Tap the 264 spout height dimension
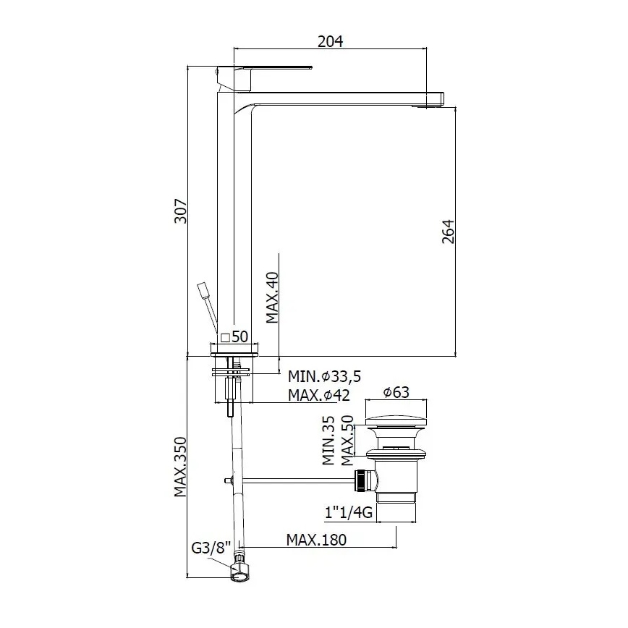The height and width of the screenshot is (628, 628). click(447, 232)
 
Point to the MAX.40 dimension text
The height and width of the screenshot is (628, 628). click(272, 298)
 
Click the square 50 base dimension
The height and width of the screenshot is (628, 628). click(234, 336)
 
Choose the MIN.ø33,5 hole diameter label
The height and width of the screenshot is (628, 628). click(325, 376)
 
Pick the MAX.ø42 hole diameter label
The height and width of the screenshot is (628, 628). click(319, 395)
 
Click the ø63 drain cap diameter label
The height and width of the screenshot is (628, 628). click(396, 392)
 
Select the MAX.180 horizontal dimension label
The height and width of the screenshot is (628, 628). click(316, 540)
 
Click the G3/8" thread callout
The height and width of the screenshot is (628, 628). click(210, 548)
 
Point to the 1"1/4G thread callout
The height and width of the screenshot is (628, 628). click(349, 513)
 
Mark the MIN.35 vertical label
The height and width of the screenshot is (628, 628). click(328, 440)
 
